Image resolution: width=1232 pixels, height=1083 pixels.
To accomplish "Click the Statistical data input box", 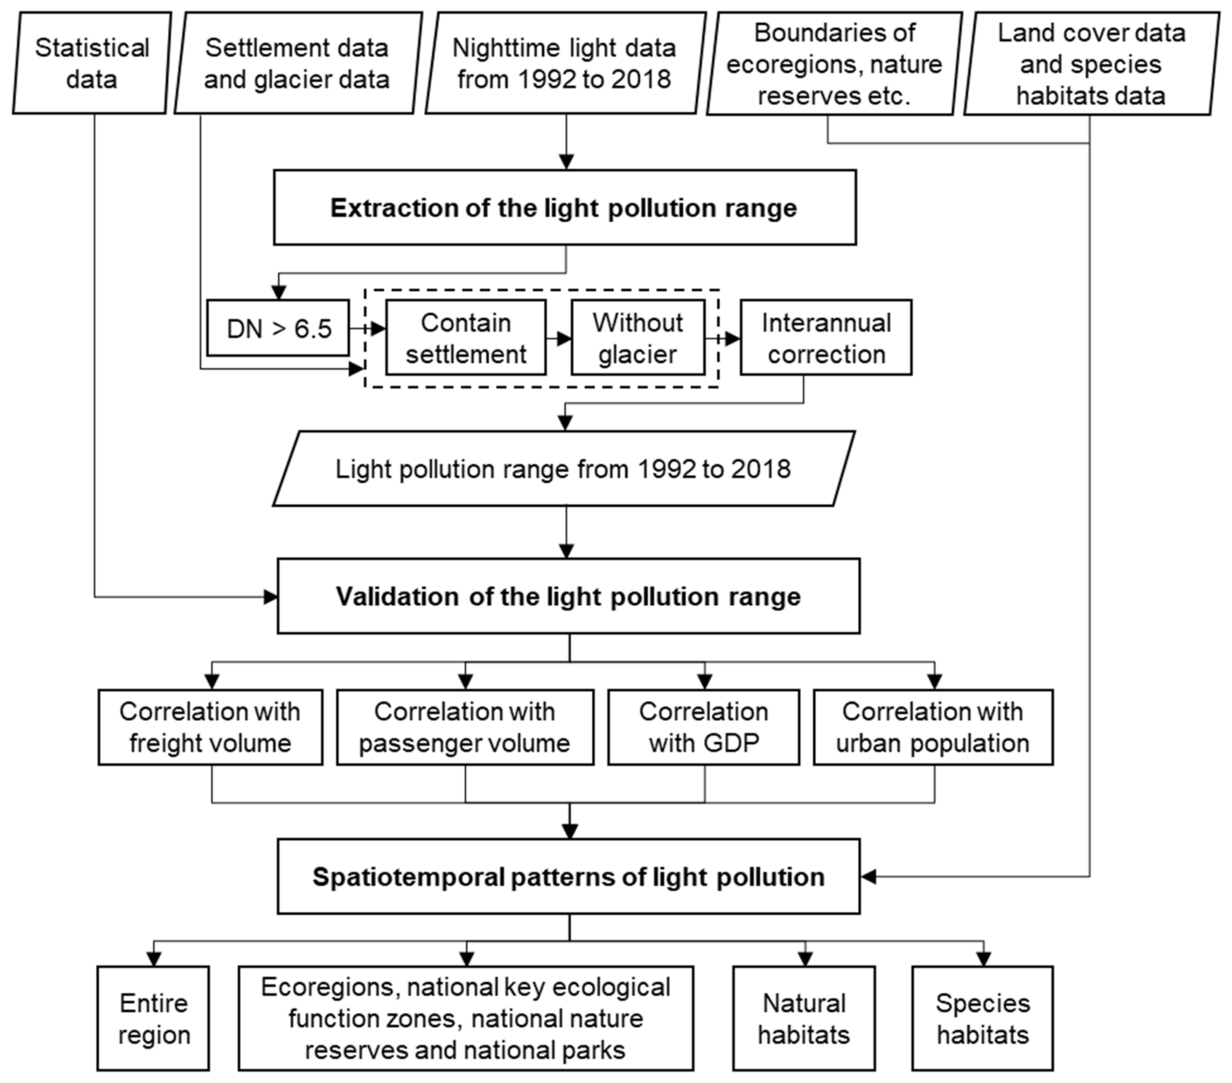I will pos(92,63).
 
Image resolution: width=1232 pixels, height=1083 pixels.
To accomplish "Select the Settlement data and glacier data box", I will pos(296,63).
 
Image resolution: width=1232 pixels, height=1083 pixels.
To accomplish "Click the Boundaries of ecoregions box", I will pos(834,64).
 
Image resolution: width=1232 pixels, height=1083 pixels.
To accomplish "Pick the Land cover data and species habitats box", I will pos(1090,64).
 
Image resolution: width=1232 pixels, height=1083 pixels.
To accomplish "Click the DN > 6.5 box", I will pos(278,329).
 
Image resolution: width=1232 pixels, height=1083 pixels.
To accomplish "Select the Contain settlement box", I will pos(466,338).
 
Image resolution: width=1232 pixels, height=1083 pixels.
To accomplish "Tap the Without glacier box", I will pos(638,338).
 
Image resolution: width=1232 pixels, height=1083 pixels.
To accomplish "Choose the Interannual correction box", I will pos(826,338).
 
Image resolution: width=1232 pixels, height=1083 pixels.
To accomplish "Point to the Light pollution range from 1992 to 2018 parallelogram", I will pos(564,469).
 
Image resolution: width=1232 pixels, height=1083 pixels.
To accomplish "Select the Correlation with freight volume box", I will pos(210,727).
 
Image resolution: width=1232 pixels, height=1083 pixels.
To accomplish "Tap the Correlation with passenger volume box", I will pos(465,727).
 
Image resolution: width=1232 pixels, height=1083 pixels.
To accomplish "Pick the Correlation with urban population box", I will pos(933,727).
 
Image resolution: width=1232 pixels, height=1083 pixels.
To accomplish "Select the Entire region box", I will pos(154,1018).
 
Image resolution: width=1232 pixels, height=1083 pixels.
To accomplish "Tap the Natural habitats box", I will pos(804,1018).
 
